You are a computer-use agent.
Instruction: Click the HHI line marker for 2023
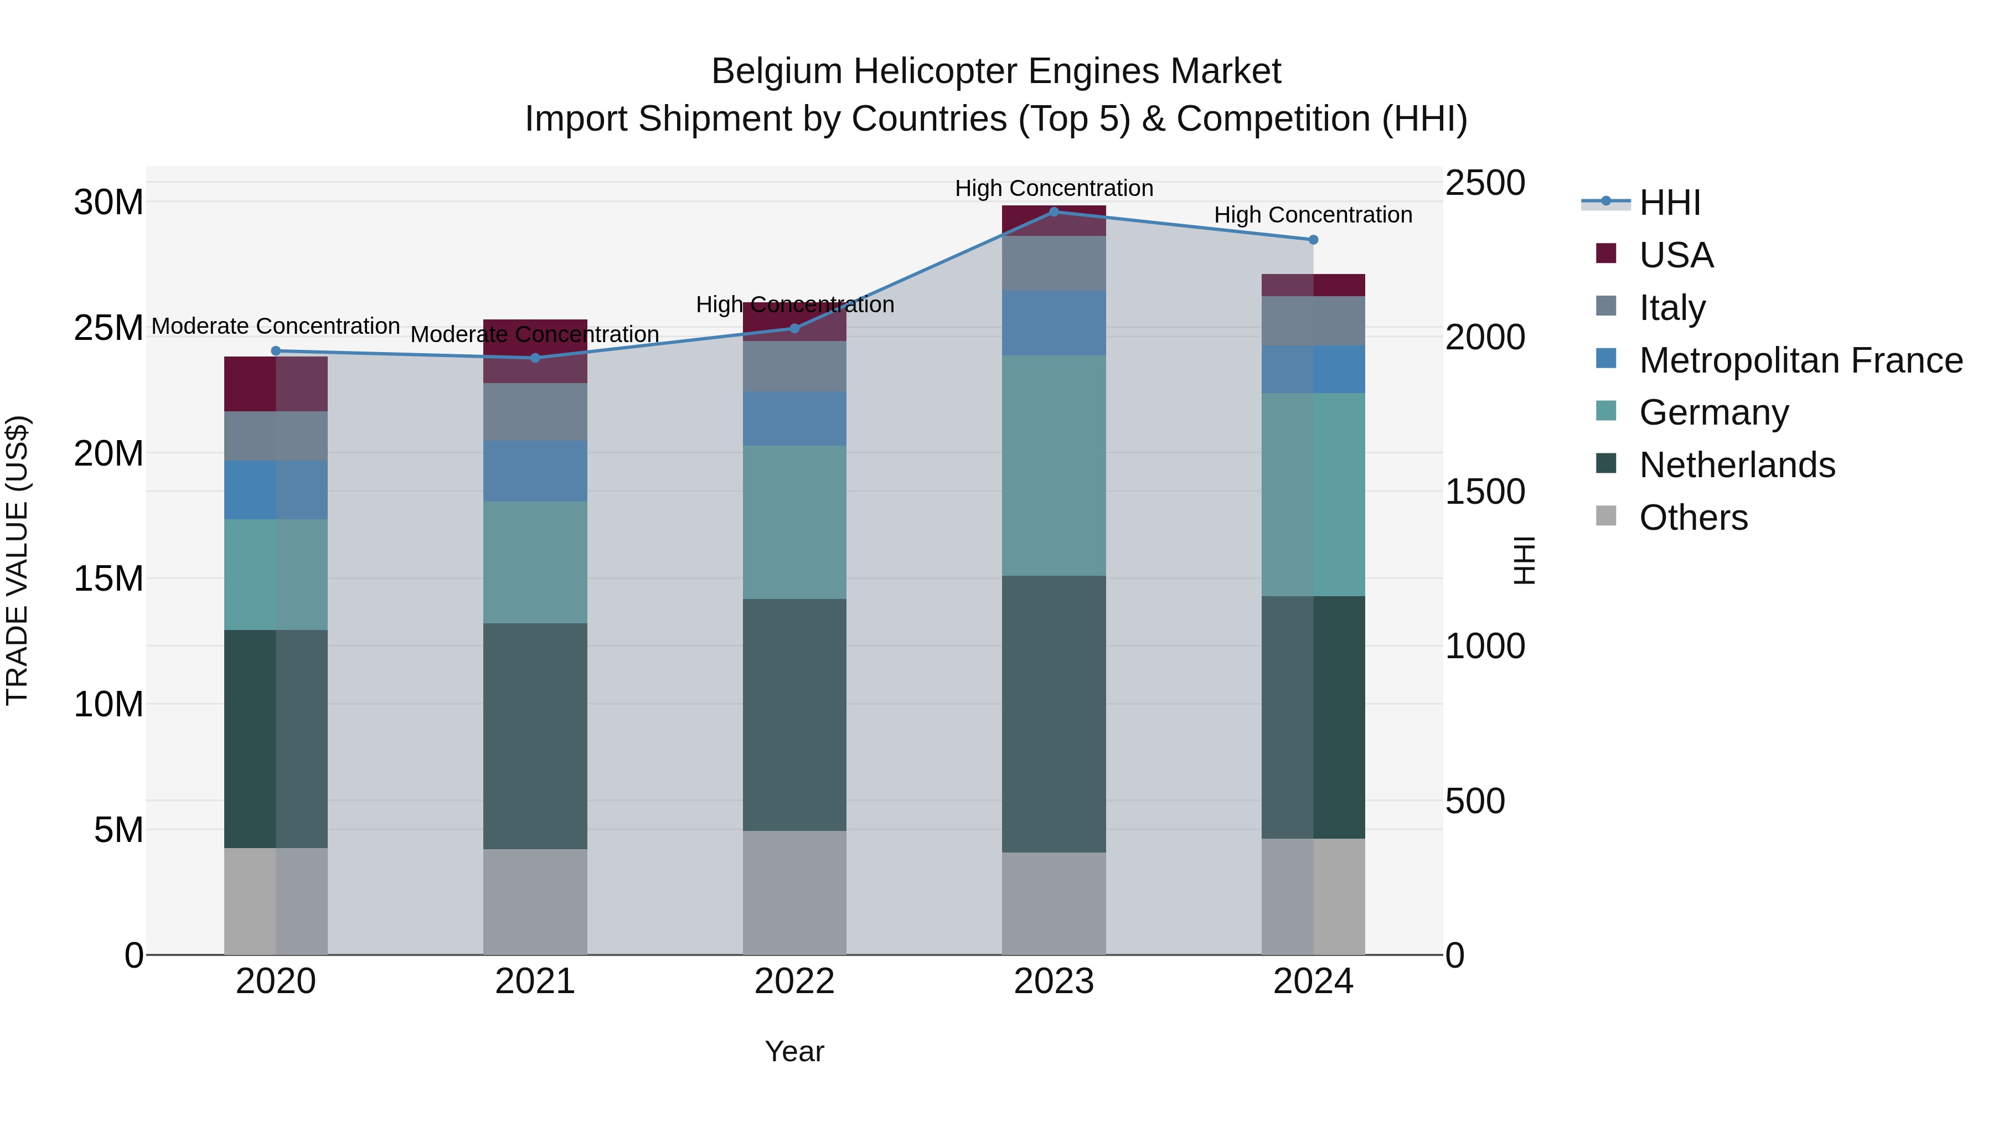pos(1053,212)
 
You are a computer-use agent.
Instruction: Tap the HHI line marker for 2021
pos(535,358)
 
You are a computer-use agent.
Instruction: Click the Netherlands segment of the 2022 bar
pos(794,714)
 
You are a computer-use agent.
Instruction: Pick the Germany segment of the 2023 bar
pos(1053,465)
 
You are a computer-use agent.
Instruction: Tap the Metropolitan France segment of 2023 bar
pos(1053,323)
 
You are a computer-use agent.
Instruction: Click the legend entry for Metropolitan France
pos(1800,360)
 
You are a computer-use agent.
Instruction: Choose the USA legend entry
pos(1676,255)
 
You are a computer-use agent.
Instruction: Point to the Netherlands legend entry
pos(1736,465)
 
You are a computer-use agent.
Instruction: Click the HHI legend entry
pos(1670,203)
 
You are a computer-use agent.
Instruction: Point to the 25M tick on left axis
pos(109,328)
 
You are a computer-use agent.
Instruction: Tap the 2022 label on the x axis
pos(794,981)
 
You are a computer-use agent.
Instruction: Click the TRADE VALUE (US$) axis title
pos(17,560)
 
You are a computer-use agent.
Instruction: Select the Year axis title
pos(794,1051)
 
